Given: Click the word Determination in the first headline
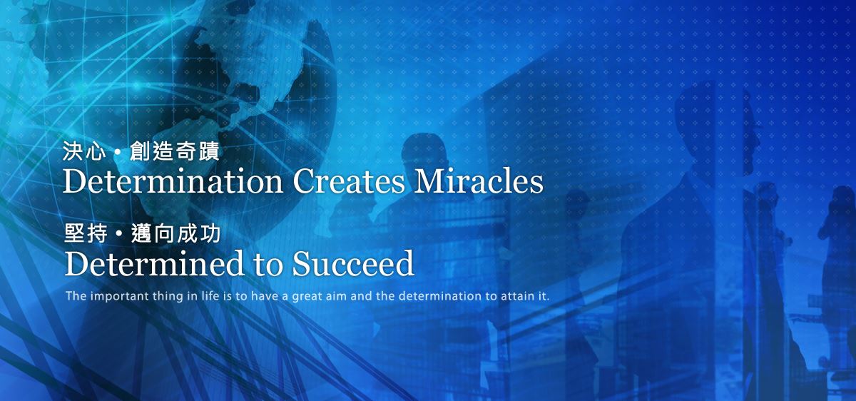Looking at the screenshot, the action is point(173,181).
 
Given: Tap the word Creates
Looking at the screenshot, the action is point(349,181).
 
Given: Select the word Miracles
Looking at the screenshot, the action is point(479,181).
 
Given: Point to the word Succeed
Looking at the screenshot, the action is point(353,263).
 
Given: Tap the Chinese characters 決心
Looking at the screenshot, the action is point(84,151).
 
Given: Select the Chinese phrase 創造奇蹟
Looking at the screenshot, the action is point(175,151).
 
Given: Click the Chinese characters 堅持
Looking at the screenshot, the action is point(86,233).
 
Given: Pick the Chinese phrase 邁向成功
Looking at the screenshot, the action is point(176,233).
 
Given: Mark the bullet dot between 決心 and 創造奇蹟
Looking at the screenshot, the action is point(118,152).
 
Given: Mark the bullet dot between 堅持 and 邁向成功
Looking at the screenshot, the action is point(120,233).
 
